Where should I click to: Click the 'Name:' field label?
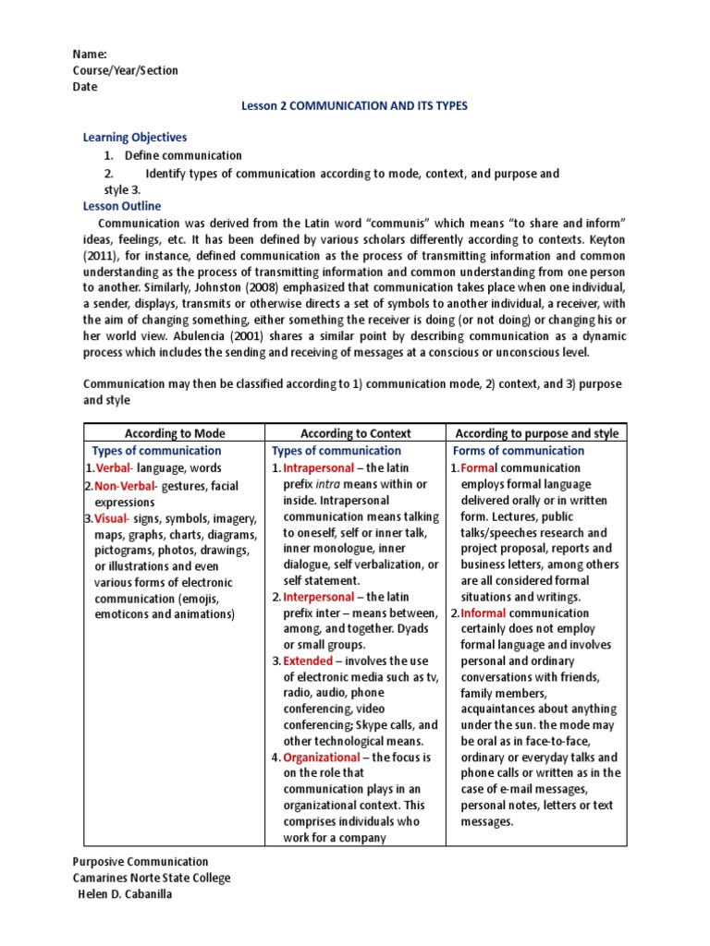[x=90, y=55]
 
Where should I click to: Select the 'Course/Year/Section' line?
[x=125, y=71]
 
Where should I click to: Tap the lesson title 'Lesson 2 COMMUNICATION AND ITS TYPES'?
[x=354, y=106]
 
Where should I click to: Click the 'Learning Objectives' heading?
[x=135, y=138]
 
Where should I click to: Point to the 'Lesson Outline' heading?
[x=122, y=206]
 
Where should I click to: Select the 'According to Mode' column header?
[x=175, y=433]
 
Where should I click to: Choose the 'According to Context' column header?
[x=356, y=433]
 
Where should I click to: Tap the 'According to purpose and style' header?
[x=536, y=433]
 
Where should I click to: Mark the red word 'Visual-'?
[x=115, y=518]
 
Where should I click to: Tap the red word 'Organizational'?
[x=321, y=758]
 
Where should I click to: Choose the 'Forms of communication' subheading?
[x=519, y=451]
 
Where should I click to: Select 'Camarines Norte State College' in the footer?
[x=152, y=879]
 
